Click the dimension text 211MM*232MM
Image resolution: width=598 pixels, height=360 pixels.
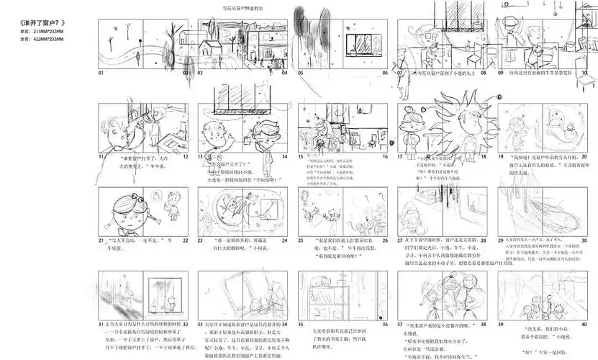click(50, 32)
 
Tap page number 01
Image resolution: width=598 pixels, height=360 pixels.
click(102, 73)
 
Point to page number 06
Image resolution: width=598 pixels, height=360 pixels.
click(381, 73)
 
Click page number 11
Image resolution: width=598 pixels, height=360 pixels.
click(102, 156)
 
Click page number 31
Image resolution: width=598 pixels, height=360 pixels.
click(102, 325)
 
